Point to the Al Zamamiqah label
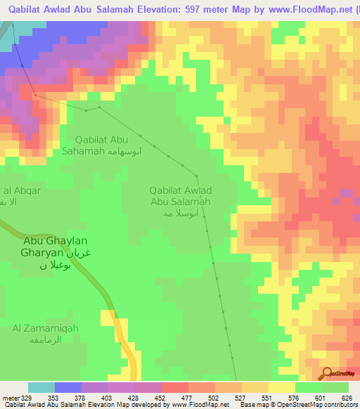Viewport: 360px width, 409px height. click(x=44, y=327)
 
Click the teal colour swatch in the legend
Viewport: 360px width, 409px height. click(x=41, y=387)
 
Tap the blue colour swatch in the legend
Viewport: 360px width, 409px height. click(x=68, y=387)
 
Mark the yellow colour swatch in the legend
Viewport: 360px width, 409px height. click(x=282, y=387)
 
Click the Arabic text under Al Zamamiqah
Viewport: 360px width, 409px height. click(x=44, y=339)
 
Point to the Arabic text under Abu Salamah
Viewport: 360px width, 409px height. click(x=185, y=213)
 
